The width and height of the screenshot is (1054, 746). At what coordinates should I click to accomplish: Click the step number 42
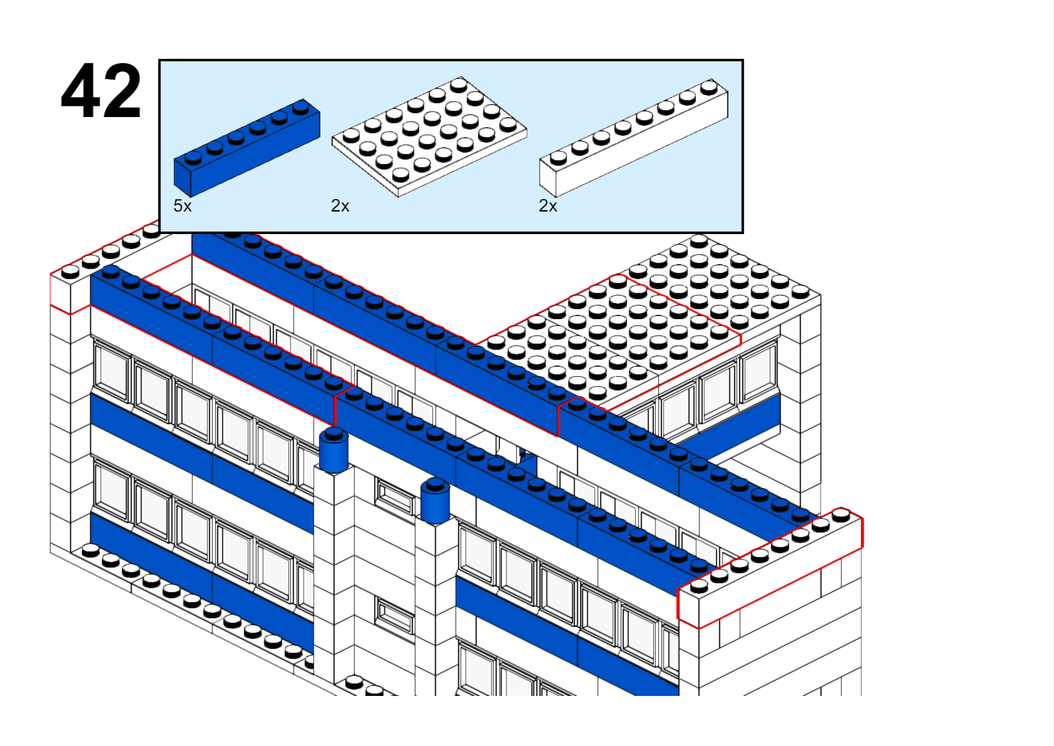[101, 90]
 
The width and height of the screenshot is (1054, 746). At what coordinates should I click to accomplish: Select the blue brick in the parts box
[247, 148]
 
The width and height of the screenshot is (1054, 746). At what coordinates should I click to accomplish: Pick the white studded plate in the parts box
[429, 136]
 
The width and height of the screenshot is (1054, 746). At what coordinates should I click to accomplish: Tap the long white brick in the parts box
[634, 138]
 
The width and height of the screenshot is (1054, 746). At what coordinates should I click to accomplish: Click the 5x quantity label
[183, 205]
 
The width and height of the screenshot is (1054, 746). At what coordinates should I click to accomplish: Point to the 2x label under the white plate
[340, 205]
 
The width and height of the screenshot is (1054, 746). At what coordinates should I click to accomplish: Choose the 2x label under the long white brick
[548, 205]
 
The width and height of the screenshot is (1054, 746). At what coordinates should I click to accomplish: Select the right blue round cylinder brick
[435, 501]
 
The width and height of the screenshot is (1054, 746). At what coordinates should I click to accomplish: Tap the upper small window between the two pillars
[394, 496]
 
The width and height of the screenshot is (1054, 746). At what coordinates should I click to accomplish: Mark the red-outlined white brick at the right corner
[770, 568]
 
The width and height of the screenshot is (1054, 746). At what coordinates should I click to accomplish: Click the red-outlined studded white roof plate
[611, 336]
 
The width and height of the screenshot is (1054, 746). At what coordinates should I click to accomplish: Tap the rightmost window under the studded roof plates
[759, 372]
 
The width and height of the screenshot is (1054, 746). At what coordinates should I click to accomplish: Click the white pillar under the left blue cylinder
[334, 574]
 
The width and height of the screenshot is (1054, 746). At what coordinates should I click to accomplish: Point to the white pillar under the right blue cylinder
[436, 607]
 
